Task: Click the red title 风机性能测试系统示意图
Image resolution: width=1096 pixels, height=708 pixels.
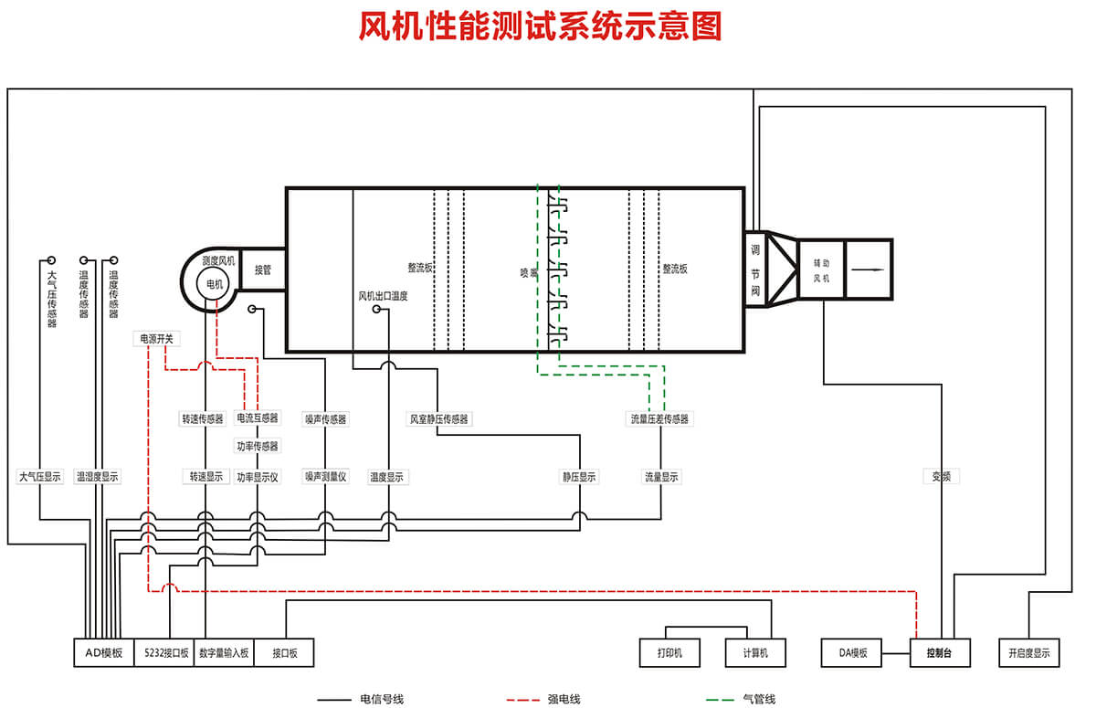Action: pos(540,27)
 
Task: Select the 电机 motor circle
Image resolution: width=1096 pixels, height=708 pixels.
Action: pos(215,284)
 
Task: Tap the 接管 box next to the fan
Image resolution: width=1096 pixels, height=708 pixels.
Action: pos(263,269)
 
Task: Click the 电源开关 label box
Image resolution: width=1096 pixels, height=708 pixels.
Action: pos(156,338)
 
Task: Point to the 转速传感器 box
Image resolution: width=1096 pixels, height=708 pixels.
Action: pos(203,418)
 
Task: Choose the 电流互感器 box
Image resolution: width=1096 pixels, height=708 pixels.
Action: pos(258,418)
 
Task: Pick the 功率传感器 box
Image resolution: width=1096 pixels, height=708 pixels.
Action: pos(258,447)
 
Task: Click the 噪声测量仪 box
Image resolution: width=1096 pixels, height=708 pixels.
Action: pos(326,477)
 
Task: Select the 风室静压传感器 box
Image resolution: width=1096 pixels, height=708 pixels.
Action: pos(438,418)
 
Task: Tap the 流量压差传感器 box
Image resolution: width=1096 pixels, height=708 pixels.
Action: pos(659,418)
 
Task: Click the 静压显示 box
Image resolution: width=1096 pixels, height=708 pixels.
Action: pos(579,477)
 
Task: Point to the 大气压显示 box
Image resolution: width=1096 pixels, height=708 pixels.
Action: pos(39,477)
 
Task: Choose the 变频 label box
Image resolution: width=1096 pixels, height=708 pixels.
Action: pos(941,476)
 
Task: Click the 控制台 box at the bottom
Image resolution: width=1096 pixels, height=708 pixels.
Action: pos(940,653)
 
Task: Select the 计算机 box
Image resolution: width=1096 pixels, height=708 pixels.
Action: pos(755,653)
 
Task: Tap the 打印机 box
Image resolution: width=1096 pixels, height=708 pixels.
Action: pos(670,653)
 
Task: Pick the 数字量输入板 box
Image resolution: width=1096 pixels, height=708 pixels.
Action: pos(223,653)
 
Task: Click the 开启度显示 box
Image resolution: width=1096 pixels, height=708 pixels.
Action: pos(1029,653)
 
